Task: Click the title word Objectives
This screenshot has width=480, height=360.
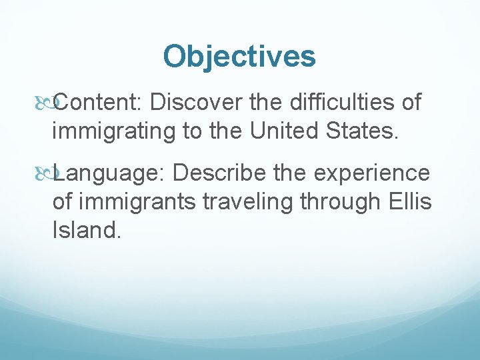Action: click(239, 56)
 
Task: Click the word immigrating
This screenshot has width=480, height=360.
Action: click(112, 131)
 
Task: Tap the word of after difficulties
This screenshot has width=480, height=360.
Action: click(409, 103)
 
